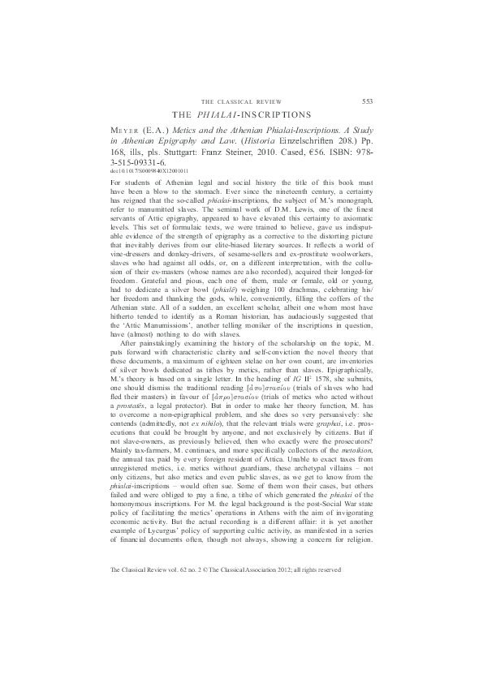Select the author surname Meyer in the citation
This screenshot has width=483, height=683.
coord(124,131)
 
